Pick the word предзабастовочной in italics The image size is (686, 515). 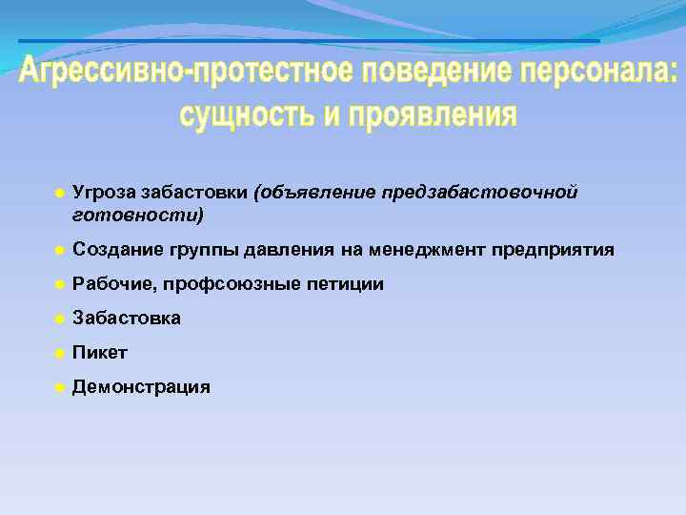click(480, 194)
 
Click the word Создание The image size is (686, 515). click(115, 250)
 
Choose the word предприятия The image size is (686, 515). click(554, 250)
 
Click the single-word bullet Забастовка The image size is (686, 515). click(127, 319)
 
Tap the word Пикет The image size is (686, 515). click(100, 353)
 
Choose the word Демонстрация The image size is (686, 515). click(141, 387)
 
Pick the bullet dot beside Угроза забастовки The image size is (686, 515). click(58, 194)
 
